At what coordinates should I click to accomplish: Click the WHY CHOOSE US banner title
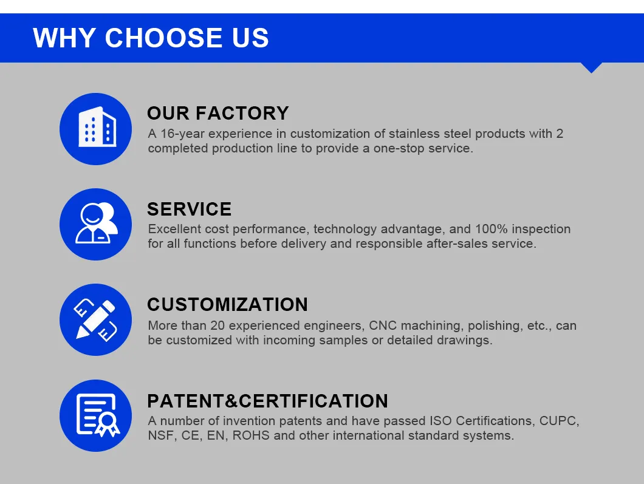click(x=151, y=38)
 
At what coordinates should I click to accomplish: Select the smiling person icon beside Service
click(x=96, y=224)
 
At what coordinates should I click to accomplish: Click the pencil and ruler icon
click(x=96, y=320)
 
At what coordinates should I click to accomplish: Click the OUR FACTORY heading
click(x=218, y=114)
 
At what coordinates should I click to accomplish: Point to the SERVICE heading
click(x=190, y=209)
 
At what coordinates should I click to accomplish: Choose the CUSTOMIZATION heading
click(x=228, y=305)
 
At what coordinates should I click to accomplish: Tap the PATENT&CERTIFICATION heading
click(x=268, y=401)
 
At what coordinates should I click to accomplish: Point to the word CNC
click(x=383, y=326)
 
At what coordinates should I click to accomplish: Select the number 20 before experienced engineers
click(x=218, y=326)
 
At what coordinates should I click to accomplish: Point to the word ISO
click(x=440, y=421)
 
